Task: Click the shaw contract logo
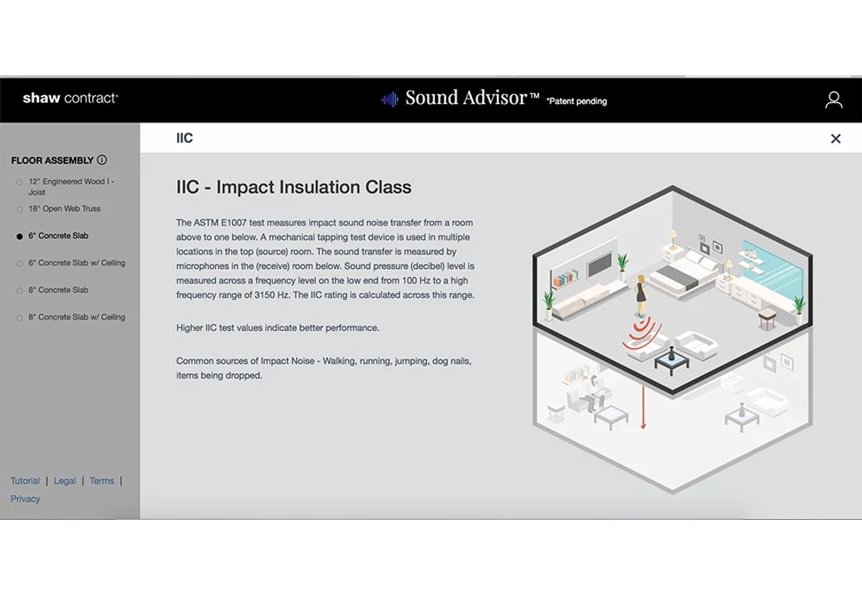coord(71,99)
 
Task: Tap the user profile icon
coord(833,99)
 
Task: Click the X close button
coord(836,138)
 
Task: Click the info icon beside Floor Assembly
coord(102,160)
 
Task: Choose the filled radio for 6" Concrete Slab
coord(19,236)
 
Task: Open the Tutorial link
coord(26,481)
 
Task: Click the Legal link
coord(65,481)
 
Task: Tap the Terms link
coord(102,481)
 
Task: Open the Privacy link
coord(26,499)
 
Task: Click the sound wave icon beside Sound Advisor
coord(390,99)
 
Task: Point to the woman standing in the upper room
coord(641,297)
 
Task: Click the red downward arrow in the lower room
coord(643,407)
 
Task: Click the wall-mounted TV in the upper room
coord(600,264)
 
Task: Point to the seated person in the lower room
coord(593,391)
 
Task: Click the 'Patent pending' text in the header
coord(577,101)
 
